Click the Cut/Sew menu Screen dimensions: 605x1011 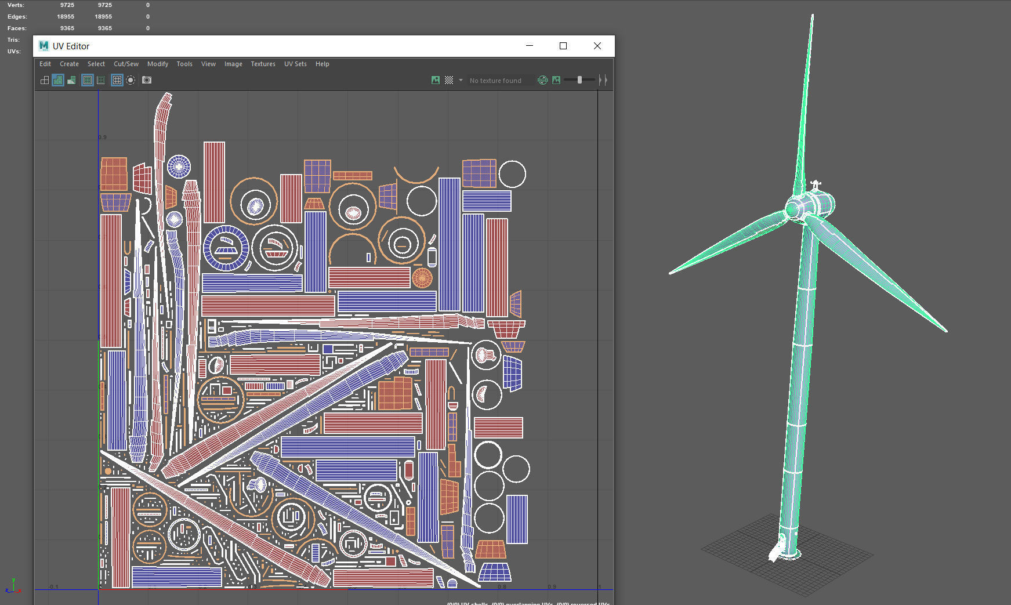click(126, 64)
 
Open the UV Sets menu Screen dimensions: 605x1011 click(295, 64)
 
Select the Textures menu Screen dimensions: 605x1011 click(263, 64)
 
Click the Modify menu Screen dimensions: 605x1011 click(157, 64)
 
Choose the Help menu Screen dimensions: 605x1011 click(322, 64)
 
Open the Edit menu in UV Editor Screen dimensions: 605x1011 click(45, 64)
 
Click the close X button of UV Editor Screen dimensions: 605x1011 click(597, 46)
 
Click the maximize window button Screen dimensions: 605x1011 click(563, 46)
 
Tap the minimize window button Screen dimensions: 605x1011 click(529, 46)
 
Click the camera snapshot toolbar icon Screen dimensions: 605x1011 click(147, 80)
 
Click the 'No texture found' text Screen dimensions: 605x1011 click(495, 81)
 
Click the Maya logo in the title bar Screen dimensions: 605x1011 click(44, 46)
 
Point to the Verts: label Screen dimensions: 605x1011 click(16, 5)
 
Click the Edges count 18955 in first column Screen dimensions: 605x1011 click(66, 17)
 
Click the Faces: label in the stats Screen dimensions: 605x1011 click(17, 28)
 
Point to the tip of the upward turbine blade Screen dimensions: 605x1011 click(812, 16)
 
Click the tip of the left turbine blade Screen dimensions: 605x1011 click(671, 272)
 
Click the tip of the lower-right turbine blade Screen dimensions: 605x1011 click(945, 331)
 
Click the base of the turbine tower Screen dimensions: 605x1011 click(789, 551)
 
